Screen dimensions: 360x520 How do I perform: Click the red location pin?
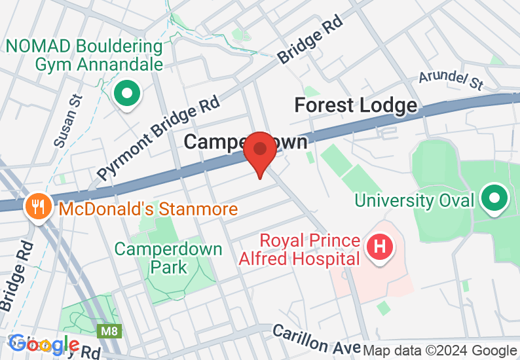260,150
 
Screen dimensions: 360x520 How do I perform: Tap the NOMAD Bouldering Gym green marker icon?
127,94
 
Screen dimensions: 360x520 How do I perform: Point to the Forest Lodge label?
355,105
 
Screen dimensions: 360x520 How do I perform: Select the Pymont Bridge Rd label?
158,134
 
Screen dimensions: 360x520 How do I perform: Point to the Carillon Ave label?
316,338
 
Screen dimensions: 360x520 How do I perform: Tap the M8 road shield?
109,332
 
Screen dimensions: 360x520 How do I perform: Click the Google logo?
45,344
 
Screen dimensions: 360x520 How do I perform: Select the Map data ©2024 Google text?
439,351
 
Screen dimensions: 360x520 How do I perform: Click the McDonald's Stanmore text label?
148,209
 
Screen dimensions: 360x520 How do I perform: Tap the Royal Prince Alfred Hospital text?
310,249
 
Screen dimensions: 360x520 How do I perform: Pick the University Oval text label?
413,200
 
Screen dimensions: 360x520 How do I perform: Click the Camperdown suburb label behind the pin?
216,141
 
